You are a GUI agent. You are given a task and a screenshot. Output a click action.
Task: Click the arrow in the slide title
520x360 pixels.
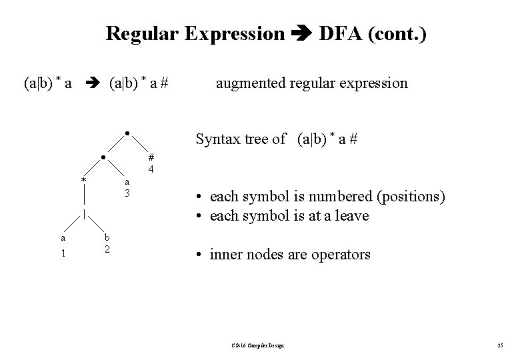click(x=301, y=33)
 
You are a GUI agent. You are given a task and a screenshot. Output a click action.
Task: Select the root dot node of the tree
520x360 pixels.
click(x=127, y=132)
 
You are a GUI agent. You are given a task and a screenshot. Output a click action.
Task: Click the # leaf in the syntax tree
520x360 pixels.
click(x=151, y=158)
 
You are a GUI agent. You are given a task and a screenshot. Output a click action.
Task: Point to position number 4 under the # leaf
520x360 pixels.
click(x=151, y=169)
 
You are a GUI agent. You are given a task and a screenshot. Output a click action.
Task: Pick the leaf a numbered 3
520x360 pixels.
click(x=127, y=182)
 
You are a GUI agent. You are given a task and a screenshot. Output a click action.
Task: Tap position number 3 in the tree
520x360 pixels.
click(x=127, y=193)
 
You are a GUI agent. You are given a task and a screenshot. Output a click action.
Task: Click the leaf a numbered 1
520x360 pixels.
click(x=63, y=237)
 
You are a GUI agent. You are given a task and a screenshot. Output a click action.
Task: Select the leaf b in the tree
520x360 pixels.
click(x=106, y=237)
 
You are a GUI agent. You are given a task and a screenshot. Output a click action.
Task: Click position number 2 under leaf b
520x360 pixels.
click(x=106, y=249)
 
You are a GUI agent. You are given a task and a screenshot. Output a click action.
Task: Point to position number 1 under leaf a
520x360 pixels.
click(x=63, y=253)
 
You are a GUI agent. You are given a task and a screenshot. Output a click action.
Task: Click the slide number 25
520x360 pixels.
click(x=500, y=345)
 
